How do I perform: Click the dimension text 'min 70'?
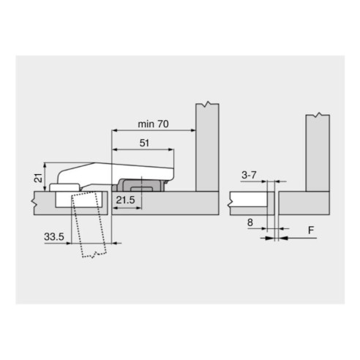152,124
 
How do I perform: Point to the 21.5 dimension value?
127,199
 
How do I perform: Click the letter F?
311,230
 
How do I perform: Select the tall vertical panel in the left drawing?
207,146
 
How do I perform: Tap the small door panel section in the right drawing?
250,200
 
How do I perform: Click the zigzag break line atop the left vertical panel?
208,105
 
